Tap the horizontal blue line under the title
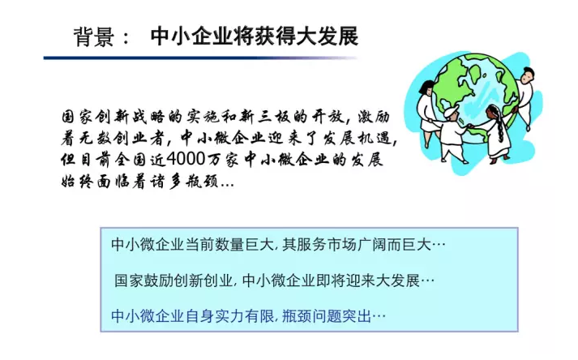point(203,58)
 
